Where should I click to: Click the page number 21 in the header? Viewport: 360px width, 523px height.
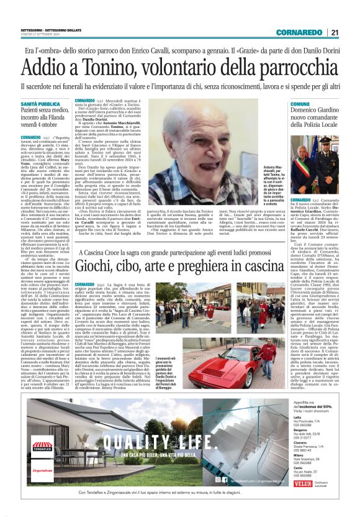point(335,33)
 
